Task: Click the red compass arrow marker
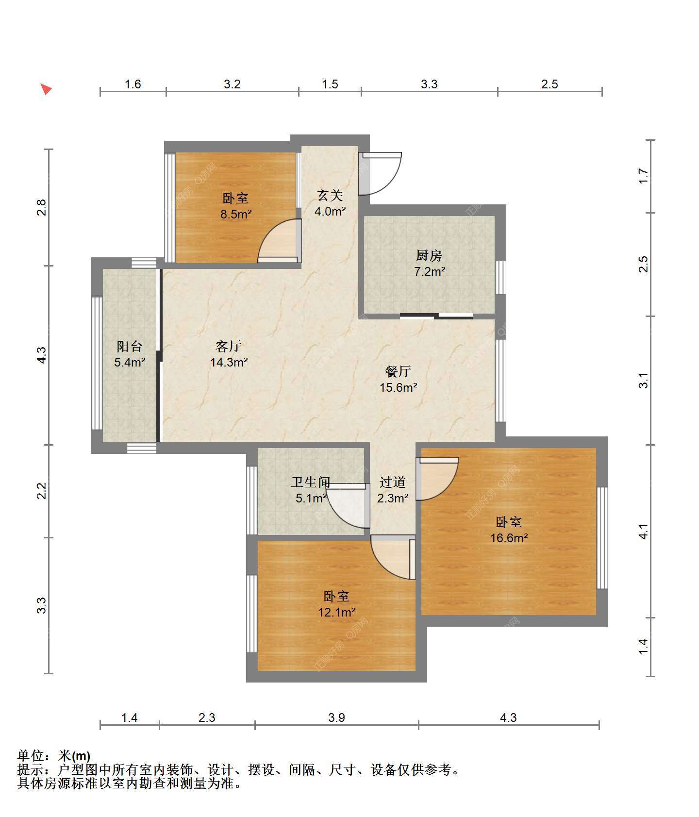[x=46, y=89]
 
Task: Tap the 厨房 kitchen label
[x=429, y=255]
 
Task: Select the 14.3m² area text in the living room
[x=229, y=362]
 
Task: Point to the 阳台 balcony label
[x=130, y=346]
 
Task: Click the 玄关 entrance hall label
[x=330, y=195]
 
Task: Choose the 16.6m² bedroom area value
[x=509, y=538]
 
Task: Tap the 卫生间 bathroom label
[x=311, y=482]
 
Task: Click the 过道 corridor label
[x=392, y=482]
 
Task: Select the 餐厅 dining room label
[x=398, y=371]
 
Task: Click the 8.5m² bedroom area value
[x=236, y=214]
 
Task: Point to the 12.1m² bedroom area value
[x=337, y=612]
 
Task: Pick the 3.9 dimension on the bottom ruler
[x=336, y=717]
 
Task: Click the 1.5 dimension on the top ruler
[x=330, y=84]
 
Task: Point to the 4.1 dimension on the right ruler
[x=643, y=531]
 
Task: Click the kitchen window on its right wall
[x=500, y=278]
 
